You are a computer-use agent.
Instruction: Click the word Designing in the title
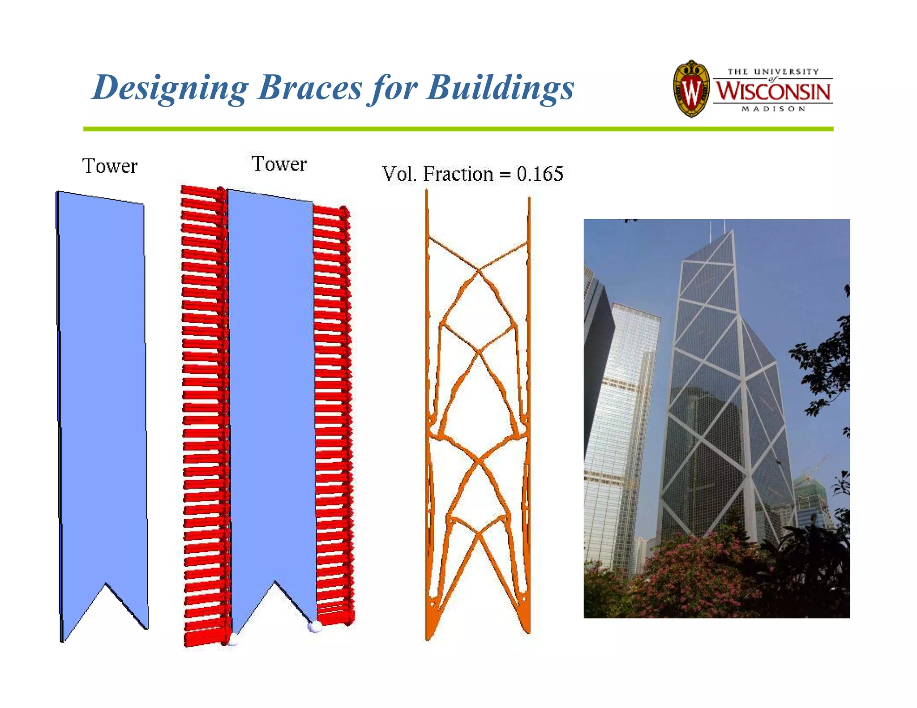[x=170, y=87]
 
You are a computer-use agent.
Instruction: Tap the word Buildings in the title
[x=500, y=87]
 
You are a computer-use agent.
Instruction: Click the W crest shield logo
[x=691, y=89]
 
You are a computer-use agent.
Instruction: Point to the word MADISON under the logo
[x=773, y=109]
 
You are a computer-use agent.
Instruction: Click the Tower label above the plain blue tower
[x=110, y=166]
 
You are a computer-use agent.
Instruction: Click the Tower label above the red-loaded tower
[x=279, y=164]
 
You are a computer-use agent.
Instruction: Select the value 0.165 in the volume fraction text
[x=540, y=174]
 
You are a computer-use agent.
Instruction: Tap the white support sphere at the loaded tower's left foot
[x=233, y=640]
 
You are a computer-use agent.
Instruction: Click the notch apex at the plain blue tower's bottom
[x=106, y=584]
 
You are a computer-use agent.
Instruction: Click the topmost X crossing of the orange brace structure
[x=479, y=270]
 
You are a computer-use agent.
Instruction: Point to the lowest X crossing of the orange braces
[x=479, y=533]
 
